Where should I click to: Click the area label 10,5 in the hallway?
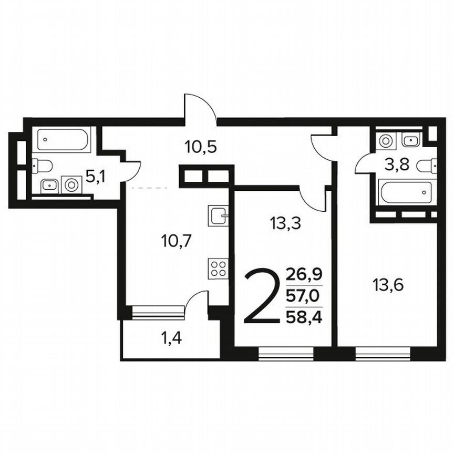click(x=201, y=147)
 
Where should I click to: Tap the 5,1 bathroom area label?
click(x=95, y=177)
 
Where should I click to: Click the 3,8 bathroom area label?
click(x=397, y=166)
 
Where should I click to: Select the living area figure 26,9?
click(x=304, y=274)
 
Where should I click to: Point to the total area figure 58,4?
click(x=304, y=317)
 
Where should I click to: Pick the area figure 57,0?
click(x=304, y=296)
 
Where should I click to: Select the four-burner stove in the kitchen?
click(x=218, y=269)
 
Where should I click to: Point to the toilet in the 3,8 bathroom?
click(x=427, y=166)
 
